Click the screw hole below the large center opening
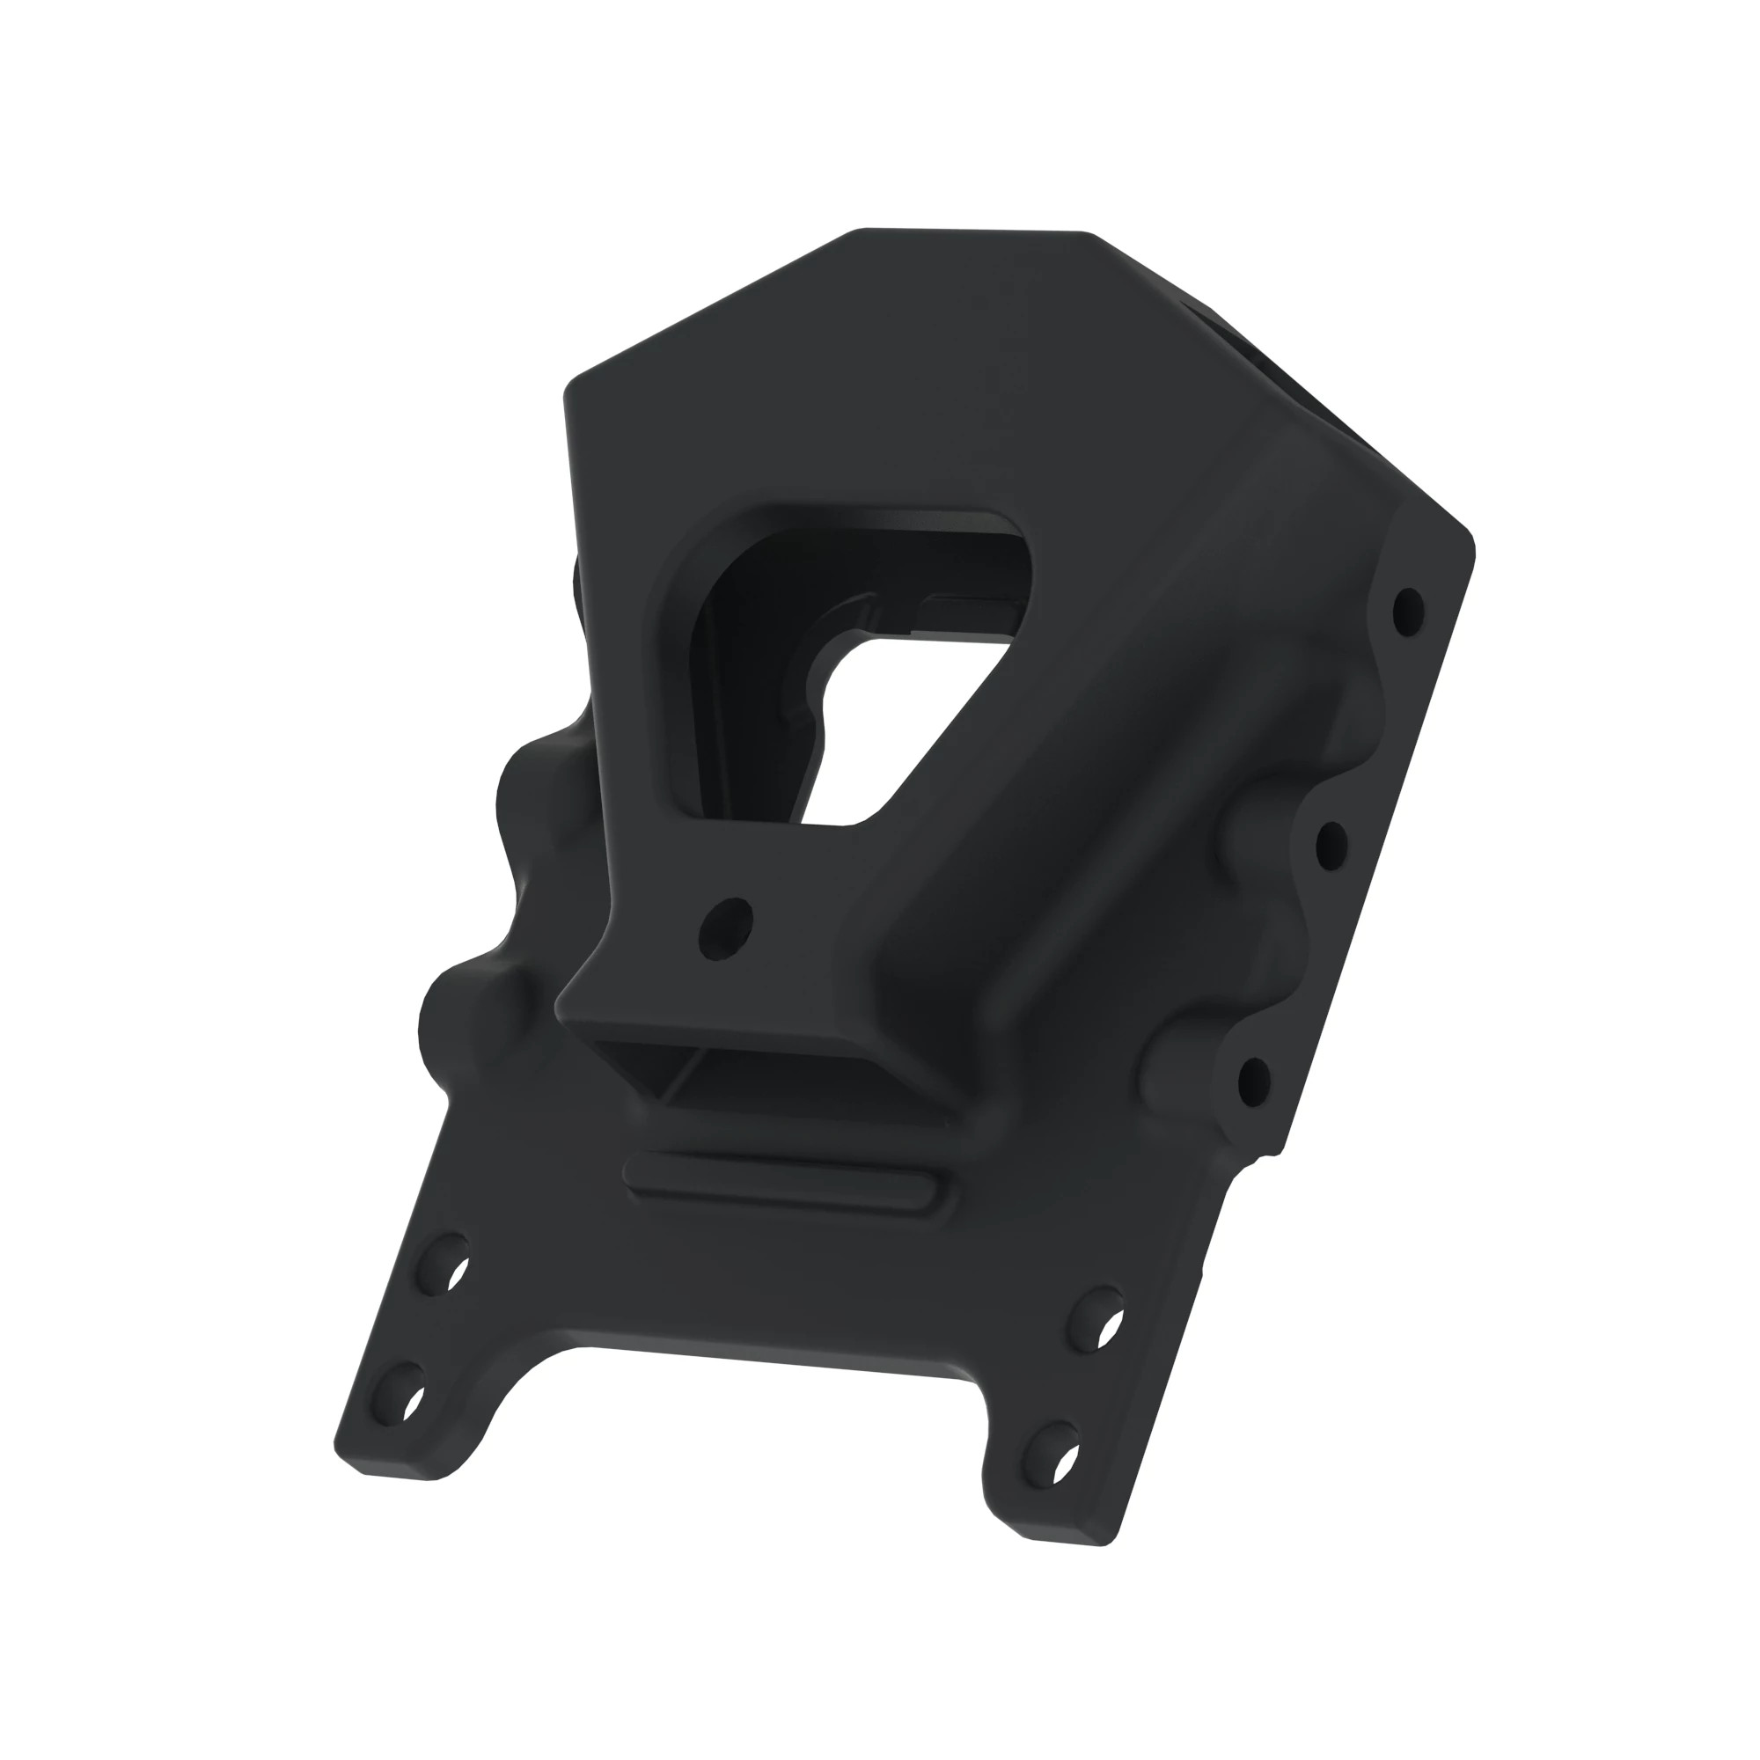725,928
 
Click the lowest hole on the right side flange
1254,1082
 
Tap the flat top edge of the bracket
975,232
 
